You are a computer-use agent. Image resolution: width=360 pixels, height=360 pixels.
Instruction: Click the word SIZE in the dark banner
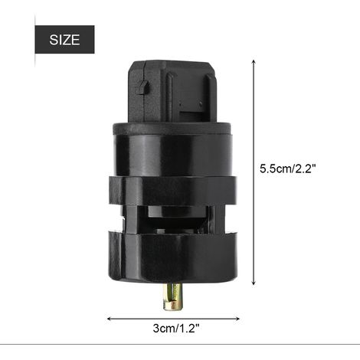[x=64, y=40]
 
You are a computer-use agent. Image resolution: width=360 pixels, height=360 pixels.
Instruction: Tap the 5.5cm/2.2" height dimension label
[x=288, y=169]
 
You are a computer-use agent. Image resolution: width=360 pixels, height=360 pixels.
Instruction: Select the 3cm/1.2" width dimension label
[x=176, y=328]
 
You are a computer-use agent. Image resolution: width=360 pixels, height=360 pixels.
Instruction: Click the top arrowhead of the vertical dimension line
[x=254, y=62]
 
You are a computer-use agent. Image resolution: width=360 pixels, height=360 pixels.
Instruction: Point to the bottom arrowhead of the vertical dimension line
[x=254, y=283]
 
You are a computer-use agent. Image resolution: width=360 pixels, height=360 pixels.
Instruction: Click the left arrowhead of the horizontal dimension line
[x=110, y=319]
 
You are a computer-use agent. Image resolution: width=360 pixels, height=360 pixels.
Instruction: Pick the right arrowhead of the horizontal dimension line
[x=237, y=319]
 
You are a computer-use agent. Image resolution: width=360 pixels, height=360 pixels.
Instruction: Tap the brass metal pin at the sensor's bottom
[x=173, y=296]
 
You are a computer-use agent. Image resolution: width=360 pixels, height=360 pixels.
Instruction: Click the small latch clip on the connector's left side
[x=143, y=87]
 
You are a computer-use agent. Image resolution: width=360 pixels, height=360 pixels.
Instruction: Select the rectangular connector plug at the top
[x=173, y=92]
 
